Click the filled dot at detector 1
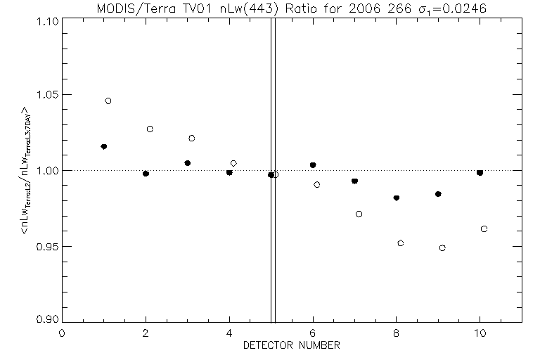coord(104,146)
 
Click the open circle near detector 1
coord(108,101)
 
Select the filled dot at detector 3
coord(188,163)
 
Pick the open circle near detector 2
coord(150,129)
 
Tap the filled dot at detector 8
coord(397,198)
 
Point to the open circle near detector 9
coord(442,247)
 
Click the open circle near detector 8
coord(401,243)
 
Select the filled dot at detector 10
coord(480,172)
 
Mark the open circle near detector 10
coord(484,229)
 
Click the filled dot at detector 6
coord(313,165)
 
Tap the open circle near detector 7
coord(359,214)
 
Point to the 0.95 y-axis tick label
coord(46,247)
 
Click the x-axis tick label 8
coord(397,333)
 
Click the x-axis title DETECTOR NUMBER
coord(292,345)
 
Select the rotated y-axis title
coord(26,170)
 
